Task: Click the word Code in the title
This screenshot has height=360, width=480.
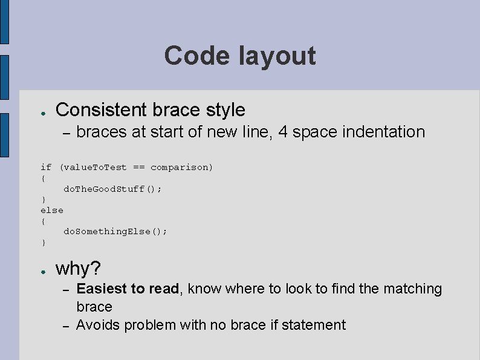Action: pyautogui.click(x=197, y=56)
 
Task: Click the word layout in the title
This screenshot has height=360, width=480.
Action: pyautogui.click(x=276, y=56)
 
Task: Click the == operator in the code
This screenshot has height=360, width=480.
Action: pyautogui.click(x=138, y=167)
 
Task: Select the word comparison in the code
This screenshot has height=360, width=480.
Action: pyautogui.click(x=181, y=167)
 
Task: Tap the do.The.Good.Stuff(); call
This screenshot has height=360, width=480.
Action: pyautogui.click(x=112, y=189)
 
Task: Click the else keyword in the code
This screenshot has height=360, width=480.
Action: pyautogui.click(x=51, y=210)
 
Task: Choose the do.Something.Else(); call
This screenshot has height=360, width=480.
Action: pyautogui.click(x=115, y=232)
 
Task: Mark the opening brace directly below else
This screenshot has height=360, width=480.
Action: pyautogui.click(x=43, y=221)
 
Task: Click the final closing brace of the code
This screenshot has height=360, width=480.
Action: pyautogui.click(x=43, y=243)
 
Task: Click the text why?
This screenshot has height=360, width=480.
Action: pyautogui.click(x=78, y=268)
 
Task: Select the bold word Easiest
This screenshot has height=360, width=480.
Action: pyautogui.click(x=102, y=289)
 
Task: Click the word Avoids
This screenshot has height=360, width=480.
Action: pyautogui.click(x=97, y=326)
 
